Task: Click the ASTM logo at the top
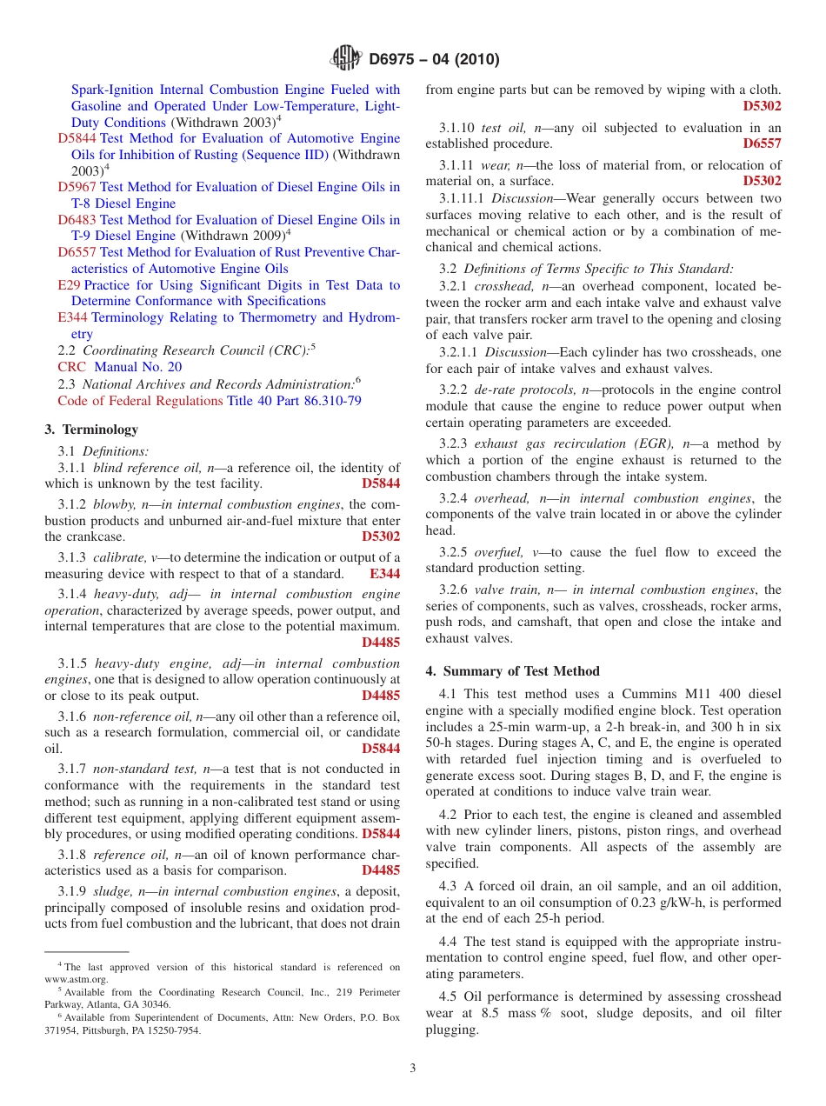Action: pos(346,59)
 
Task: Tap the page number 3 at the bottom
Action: pos(413,1068)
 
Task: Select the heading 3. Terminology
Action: pos(91,430)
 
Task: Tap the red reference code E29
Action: pos(69,285)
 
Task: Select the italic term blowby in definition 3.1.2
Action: pos(113,505)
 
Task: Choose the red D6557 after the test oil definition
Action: pos(762,143)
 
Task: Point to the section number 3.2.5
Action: pos(453,552)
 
